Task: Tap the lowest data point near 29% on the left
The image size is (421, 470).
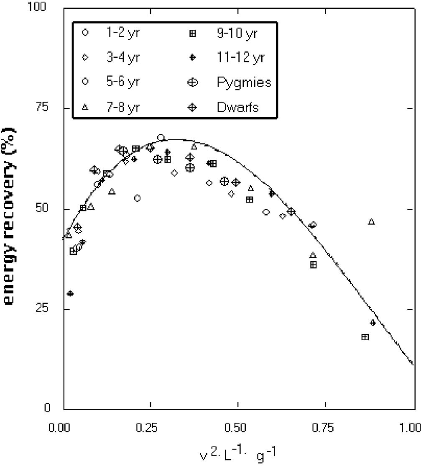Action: [70, 293]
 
